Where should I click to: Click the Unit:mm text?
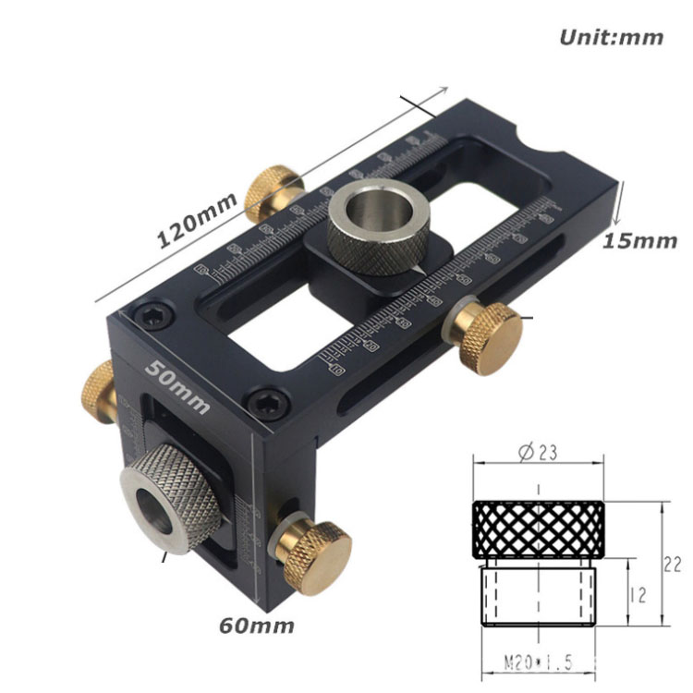coord(611,38)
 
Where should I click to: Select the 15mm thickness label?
coord(639,240)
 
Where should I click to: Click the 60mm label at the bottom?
coord(257,626)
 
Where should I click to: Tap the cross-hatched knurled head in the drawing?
coord(539,530)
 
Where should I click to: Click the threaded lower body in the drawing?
coord(539,596)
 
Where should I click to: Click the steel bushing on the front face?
coord(168,499)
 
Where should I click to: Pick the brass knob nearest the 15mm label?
coord(486,336)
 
